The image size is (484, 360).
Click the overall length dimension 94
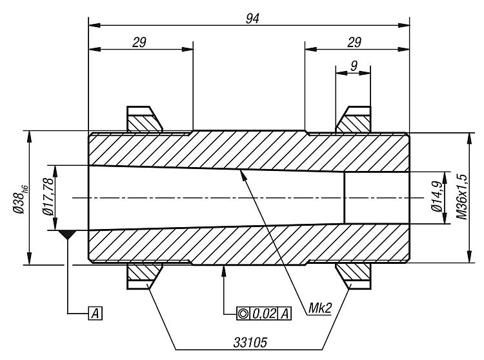[x=252, y=19]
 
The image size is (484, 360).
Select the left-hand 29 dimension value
[x=139, y=43]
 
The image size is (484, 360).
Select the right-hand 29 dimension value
[x=354, y=43]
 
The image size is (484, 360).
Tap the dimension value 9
[x=354, y=66]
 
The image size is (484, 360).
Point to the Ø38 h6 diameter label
[x=20, y=199]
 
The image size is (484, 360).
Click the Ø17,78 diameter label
[x=48, y=197]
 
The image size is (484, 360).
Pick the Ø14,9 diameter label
[x=437, y=197]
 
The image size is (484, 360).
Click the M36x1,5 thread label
[x=462, y=197]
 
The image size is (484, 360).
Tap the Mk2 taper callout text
[x=320, y=308]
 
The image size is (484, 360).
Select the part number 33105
[x=250, y=343]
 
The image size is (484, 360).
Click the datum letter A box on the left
[x=96, y=314]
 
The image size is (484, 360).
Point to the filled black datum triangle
[x=67, y=234]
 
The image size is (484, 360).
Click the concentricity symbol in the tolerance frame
[x=243, y=314]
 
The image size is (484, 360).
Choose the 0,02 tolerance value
[x=263, y=314]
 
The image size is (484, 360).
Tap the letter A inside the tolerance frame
[x=285, y=314]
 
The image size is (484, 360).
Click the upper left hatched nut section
[x=144, y=123]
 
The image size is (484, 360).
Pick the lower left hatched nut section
[x=144, y=272]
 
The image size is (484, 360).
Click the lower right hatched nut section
[x=354, y=272]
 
